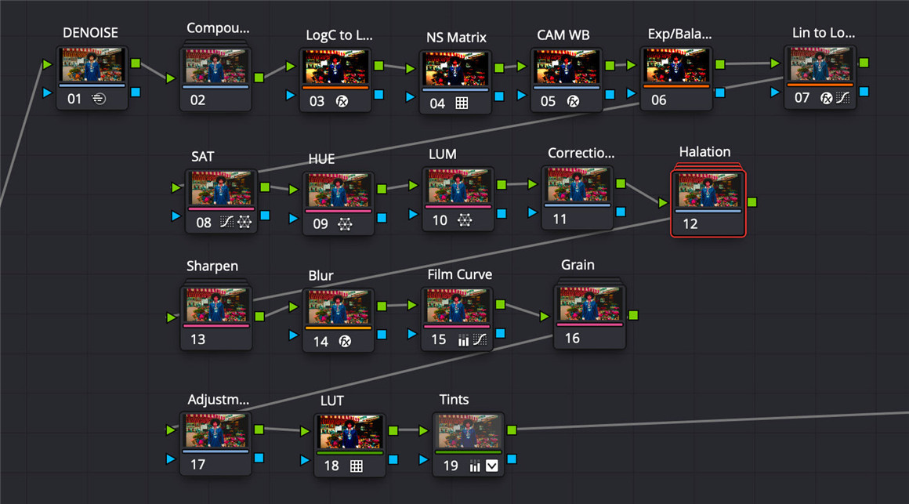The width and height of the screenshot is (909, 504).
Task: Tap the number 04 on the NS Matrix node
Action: (x=436, y=103)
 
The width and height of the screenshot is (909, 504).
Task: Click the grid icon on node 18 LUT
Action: (x=356, y=466)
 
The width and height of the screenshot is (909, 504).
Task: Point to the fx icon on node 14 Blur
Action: (x=343, y=341)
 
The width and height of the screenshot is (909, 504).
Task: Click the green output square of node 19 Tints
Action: (x=512, y=430)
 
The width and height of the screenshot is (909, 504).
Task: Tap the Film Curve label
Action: (x=460, y=274)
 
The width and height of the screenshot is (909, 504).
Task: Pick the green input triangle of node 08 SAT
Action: (x=176, y=188)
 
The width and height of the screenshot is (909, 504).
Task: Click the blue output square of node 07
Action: (x=864, y=91)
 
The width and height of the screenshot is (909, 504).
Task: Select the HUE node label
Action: (x=321, y=158)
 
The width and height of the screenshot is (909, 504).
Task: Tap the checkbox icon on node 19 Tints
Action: (x=492, y=466)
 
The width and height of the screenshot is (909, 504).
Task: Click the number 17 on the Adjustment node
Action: (x=197, y=464)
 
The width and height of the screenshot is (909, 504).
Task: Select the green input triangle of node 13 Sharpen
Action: (x=172, y=317)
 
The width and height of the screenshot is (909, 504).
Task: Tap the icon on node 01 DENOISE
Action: (x=99, y=99)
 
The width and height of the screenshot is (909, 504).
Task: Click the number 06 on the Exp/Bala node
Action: (x=658, y=100)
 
